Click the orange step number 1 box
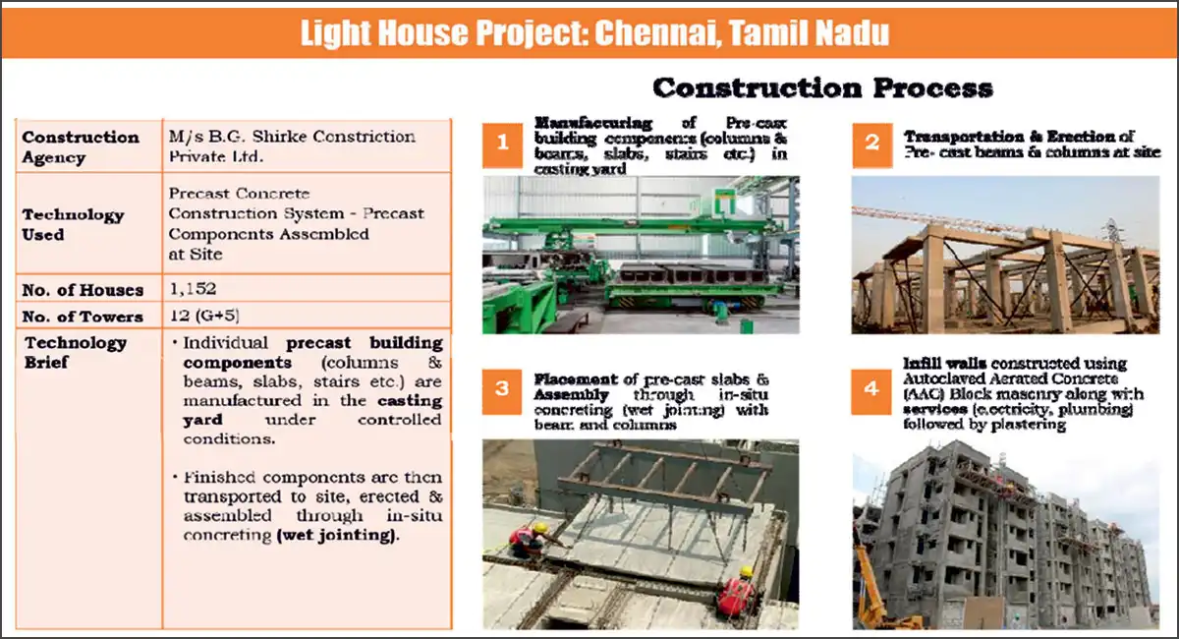pos(503,144)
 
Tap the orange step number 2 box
pos(871,144)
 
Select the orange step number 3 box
pos(503,389)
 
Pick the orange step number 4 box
pos(871,389)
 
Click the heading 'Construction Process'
pos(822,87)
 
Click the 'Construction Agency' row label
pos(81,147)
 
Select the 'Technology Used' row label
pos(73,224)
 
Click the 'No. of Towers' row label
pos(83,316)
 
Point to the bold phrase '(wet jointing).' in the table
pos(339,535)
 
